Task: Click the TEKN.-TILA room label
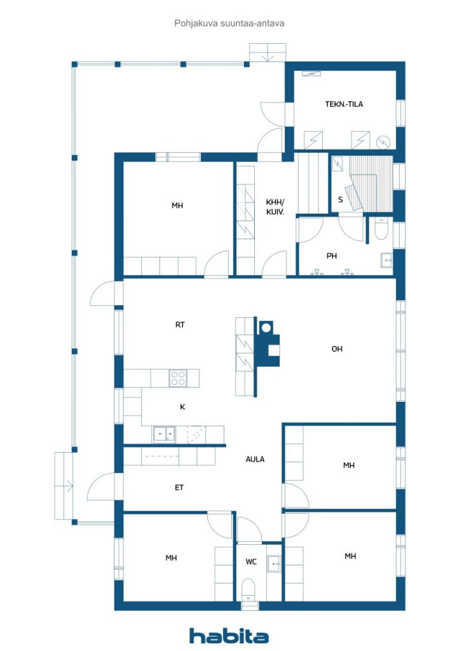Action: [x=344, y=104]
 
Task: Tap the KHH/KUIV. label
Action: [x=275, y=207]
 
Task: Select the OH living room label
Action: [x=337, y=349]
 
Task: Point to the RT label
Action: [x=180, y=325]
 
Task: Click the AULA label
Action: [x=255, y=459]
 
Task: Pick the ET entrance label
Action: [x=179, y=488]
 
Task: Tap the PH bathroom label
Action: [x=332, y=256]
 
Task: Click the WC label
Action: [x=251, y=562]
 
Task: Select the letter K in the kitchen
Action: [x=182, y=407]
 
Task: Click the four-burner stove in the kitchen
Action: [x=178, y=378]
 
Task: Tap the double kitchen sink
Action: [x=165, y=434]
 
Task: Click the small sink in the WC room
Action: [x=274, y=563]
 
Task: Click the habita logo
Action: [x=229, y=635]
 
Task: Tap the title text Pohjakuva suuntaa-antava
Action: [x=229, y=24]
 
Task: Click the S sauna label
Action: [x=341, y=200]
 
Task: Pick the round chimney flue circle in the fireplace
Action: [x=266, y=327]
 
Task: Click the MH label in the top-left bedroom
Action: [x=177, y=205]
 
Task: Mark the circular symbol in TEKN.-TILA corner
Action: [x=383, y=142]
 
